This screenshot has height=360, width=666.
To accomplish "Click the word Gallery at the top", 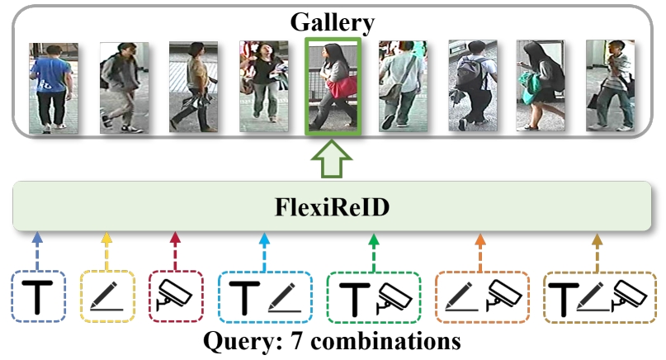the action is point(332,22).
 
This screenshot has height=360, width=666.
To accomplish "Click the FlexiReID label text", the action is point(332,207).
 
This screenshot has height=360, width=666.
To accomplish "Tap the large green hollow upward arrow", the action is point(332,159).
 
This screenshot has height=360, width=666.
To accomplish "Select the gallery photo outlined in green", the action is point(333,86).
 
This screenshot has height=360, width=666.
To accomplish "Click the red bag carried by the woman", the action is point(342,88).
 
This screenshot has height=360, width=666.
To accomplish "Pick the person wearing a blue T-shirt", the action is point(53,88).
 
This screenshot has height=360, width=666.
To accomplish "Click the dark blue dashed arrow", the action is point(37,251).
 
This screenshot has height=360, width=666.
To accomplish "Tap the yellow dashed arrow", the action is point(106,251).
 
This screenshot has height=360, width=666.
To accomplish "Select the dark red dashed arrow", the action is point(175,251).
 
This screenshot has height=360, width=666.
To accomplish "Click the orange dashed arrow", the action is point(480,253).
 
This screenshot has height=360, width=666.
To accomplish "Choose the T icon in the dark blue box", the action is point(37,297).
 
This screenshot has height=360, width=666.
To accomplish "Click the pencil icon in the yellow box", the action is point(106,296).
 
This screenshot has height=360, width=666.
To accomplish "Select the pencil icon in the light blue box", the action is point(285,297).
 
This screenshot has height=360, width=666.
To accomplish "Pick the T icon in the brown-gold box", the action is point(564,299).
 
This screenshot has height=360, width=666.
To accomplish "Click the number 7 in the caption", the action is point(296,341).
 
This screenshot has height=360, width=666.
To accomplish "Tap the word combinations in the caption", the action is point(385,341).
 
